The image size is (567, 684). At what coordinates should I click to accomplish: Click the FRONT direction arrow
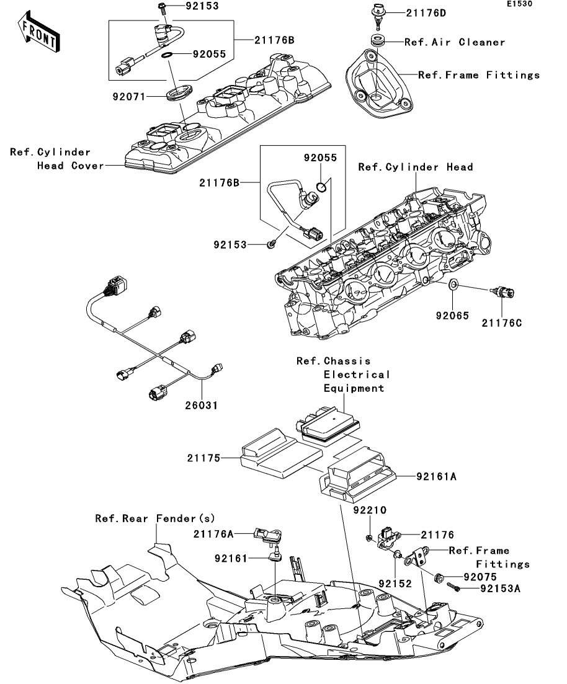(39, 35)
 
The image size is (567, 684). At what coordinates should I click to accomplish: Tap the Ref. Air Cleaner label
(455, 42)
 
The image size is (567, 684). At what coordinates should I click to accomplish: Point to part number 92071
(130, 96)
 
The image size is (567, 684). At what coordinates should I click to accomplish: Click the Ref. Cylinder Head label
(416, 167)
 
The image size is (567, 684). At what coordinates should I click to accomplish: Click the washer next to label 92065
(453, 285)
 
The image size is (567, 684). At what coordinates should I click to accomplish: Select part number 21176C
(501, 322)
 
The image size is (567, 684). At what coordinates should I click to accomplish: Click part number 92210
(370, 510)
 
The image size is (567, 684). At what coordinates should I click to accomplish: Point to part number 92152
(396, 584)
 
